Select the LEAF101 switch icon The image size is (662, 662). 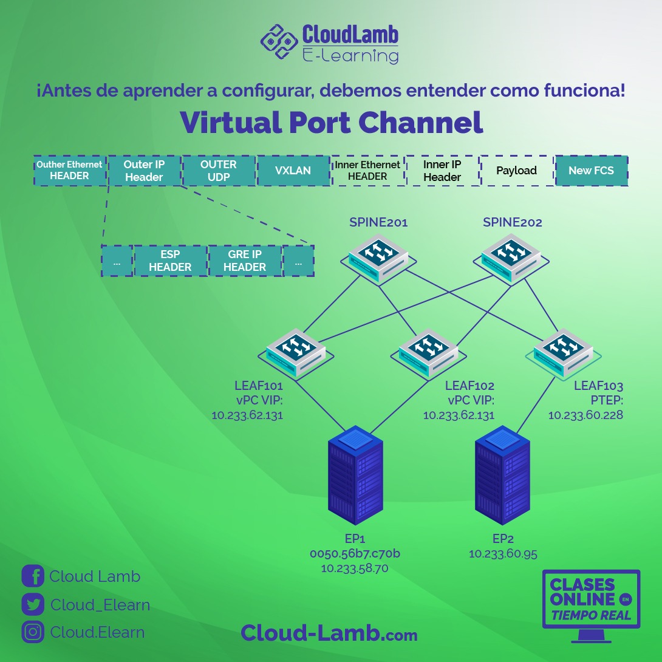pyautogui.click(x=296, y=353)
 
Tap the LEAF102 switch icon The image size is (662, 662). pyautogui.click(x=428, y=353)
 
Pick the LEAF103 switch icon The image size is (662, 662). pyautogui.click(x=562, y=352)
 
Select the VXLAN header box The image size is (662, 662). pyautogui.click(x=293, y=171)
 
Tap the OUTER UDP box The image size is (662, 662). pyautogui.click(x=219, y=171)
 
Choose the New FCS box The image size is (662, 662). pyautogui.click(x=592, y=171)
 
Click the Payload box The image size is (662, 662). pyautogui.click(x=516, y=171)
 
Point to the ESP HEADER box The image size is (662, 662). pyautogui.click(x=170, y=261)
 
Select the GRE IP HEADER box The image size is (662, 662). pyautogui.click(x=245, y=261)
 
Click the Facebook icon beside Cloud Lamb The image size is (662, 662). pyautogui.click(x=33, y=576)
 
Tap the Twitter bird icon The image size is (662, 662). pyautogui.click(x=33, y=604)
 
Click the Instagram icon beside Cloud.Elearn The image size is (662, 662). pyautogui.click(x=33, y=632)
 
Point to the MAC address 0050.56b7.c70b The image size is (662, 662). pyautogui.click(x=355, y=554)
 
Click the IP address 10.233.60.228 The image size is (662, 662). pyautogui.click(x=585, y=415)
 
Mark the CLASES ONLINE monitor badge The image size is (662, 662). pyautogui.click(x=591, y=604)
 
